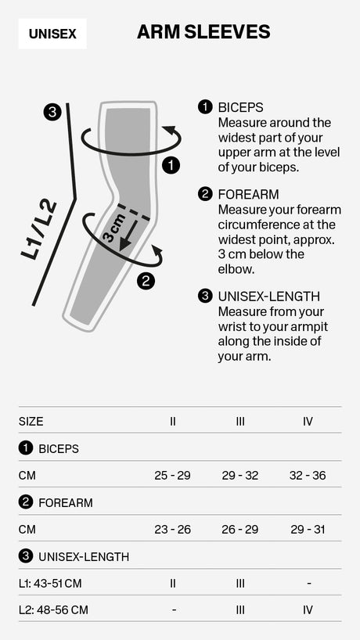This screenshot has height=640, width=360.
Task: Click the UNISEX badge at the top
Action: [x=52, y=34]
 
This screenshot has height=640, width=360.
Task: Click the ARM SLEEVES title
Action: [x=203, y=32]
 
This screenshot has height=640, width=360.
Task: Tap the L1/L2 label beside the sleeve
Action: [x=39, y=228]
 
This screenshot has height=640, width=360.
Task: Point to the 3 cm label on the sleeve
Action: [x=113, y=228]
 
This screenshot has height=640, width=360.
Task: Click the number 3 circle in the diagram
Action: [x=52, y=112]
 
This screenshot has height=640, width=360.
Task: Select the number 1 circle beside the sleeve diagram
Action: [x=171, y=165]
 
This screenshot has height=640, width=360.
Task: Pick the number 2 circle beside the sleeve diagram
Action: [x=146, y=281]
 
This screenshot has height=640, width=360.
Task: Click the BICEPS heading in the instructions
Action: [x=240, y=107]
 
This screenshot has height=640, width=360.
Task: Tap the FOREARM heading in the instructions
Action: [x=248, y=194]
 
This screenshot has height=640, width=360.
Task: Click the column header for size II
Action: [x=172, y=421]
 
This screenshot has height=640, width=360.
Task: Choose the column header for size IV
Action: [x=307, y=421]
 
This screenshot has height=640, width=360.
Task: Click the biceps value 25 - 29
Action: [x=172, y=475]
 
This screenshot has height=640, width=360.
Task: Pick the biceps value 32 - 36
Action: [x=307, y=475]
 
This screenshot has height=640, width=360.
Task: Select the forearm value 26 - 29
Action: [x=239, y=529]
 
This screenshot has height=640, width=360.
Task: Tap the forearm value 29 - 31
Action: [x=307, y=529]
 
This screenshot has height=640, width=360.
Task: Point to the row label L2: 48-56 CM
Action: [x=53, y=609]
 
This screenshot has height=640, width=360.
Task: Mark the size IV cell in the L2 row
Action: [x=307, y=609]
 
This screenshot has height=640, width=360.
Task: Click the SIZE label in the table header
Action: [x=31, y=421]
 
